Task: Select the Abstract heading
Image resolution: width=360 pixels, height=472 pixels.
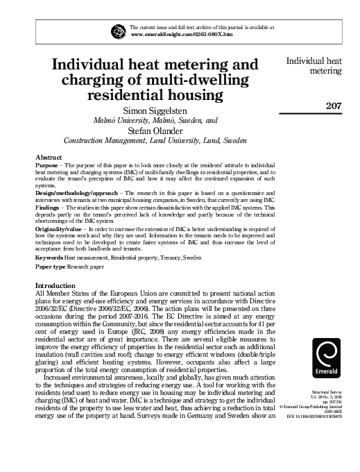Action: coord(49,158)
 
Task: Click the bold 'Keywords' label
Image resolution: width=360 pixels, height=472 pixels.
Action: coord(49,257)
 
